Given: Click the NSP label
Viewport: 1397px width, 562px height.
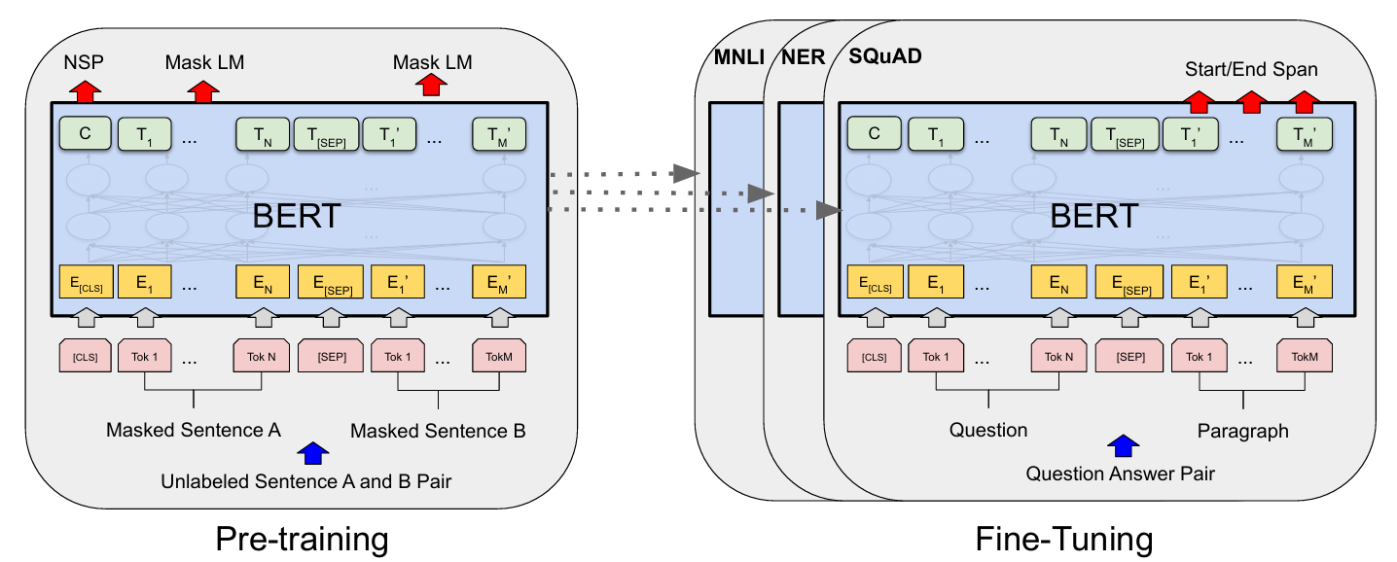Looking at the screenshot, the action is (84, 62).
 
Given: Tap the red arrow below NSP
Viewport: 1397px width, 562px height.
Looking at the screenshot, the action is (85, 91).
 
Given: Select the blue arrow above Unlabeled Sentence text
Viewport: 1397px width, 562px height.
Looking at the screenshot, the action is (313, 453).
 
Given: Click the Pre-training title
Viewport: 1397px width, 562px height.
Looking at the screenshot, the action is (302, 539).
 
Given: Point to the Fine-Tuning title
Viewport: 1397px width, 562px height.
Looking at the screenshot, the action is (1064, 539).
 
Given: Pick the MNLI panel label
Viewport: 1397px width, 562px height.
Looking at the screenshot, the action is (739, 57).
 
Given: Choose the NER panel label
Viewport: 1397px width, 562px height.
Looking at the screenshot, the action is (804, 57).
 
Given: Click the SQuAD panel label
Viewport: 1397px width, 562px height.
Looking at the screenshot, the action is (885, 56).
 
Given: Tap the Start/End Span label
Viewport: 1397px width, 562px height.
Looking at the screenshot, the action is (1251, 69).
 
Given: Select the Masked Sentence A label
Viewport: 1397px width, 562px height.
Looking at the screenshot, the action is (194, 430).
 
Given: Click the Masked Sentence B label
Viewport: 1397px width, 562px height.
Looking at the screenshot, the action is (438, 431).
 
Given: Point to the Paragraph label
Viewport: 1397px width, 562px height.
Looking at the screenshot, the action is (1243, 431).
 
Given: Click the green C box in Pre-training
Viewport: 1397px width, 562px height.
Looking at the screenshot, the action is (86, 133).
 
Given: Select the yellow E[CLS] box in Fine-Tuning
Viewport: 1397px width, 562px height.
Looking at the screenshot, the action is (875, 282).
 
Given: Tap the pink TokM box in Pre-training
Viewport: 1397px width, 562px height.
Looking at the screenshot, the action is (499, 356).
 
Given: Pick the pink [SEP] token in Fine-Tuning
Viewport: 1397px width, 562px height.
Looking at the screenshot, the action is (1130, 356).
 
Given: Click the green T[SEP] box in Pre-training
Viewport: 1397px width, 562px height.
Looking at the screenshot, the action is (326, 134).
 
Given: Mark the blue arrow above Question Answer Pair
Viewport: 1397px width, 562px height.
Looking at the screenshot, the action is (1124, 445).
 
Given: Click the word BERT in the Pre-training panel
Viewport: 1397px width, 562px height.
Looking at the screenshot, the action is (297, 216).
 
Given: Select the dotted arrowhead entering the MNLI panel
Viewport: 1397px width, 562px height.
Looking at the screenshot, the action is (687, 173).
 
